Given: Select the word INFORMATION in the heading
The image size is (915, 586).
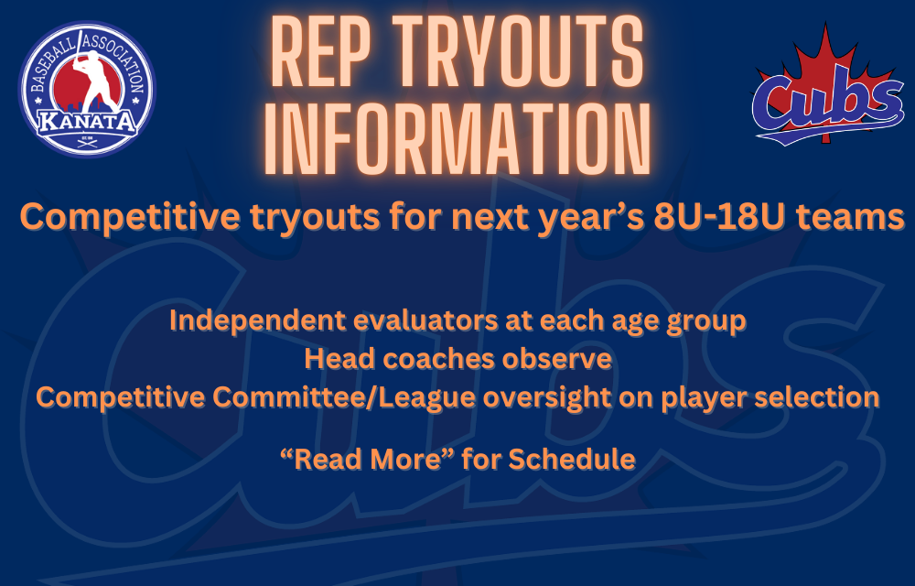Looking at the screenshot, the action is coord(457,138).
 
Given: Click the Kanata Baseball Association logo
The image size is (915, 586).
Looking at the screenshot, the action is coord(87,90).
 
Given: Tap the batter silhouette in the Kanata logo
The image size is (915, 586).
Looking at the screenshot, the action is coord(93,81).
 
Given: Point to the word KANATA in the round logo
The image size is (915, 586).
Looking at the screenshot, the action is coord(87,122).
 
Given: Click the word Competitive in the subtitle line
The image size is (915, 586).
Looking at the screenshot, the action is coord(130,217).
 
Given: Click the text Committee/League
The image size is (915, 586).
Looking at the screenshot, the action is coord(343,397).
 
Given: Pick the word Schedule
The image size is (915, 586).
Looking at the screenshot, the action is coord(572,459).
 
